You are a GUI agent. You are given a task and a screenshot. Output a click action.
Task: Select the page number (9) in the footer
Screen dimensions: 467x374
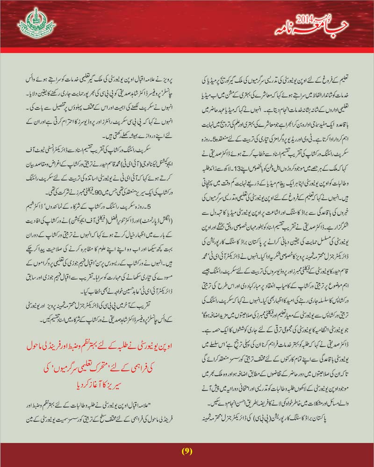[187, 451]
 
